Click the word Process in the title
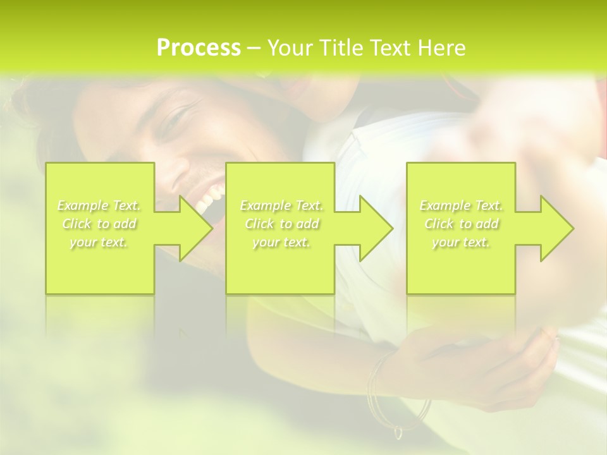click(199, 48)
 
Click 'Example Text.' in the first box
click(99, 205)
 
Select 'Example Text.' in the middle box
click(281, 205)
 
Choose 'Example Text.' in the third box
click(461, 205)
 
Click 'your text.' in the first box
click(99, 243)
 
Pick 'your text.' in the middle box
click(281, 243)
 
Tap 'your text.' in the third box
click(461, 243)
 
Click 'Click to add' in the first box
click(99, 224)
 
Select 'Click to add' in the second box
click(281, 224)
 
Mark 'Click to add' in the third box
click(461, 224)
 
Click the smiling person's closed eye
click(174, 120)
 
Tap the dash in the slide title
click(254, 49)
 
